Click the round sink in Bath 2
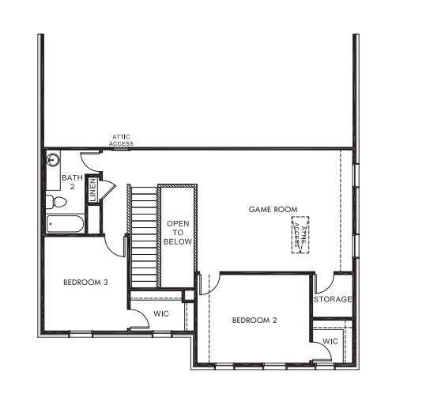54,161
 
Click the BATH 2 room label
72,182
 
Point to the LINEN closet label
92,190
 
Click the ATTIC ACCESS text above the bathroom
122,140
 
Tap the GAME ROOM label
273,210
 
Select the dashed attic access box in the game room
300,234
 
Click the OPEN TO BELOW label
177,234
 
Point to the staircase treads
143,237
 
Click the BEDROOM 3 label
85,282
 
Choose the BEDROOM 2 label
254,321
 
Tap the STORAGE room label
332,299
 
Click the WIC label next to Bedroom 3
161,314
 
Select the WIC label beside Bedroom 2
330,342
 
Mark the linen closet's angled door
107,189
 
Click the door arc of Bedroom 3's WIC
138,317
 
